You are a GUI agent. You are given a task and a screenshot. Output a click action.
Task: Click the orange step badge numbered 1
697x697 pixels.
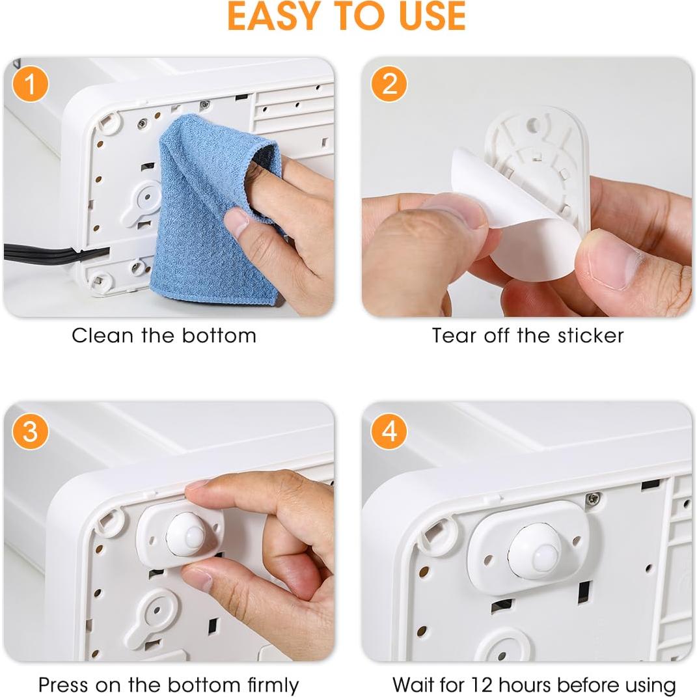(30, 84)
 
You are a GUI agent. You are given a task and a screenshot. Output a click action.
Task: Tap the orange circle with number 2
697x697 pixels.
(389, 84)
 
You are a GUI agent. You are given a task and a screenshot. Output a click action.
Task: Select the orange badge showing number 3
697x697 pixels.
(30, 431)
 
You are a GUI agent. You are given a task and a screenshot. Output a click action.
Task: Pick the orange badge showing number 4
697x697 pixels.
(389, 431)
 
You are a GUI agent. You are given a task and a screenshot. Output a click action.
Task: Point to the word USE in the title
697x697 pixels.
(432, 16)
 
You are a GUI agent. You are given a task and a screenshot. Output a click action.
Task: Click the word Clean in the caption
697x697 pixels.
(102, 335)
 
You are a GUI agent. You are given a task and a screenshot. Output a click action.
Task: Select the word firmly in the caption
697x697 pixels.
(273, 685)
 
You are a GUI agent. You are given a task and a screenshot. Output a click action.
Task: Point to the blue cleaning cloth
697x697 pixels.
(218, 209)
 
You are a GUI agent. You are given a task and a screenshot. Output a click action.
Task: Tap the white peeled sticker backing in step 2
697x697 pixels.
(515, 213)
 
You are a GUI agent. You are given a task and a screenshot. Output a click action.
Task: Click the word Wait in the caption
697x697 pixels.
(415, 685)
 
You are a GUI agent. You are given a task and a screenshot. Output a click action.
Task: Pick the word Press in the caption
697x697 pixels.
(63, 685)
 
